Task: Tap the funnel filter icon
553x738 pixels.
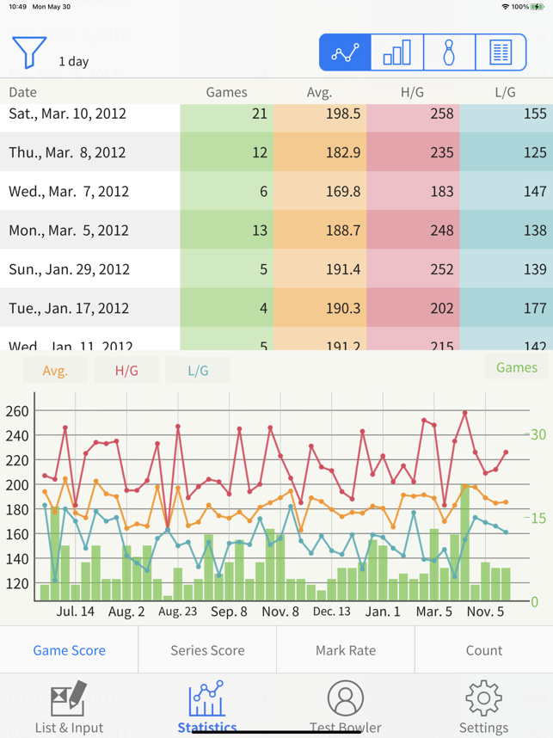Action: coord(28,52)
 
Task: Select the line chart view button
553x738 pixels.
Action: coord(345,53)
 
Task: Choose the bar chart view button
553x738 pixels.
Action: coord(396,53)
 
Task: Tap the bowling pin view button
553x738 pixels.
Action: coord(449,53)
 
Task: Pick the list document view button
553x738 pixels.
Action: coord(501,53)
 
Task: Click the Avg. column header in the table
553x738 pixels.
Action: coord(319,92)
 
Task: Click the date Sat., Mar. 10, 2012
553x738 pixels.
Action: coord(66,114)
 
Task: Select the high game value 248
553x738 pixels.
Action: coord(441,231)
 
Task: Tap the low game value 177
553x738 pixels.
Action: coord(534,308)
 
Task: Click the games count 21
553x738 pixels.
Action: coord(259,114)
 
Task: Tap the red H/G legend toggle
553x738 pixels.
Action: coord(126,371)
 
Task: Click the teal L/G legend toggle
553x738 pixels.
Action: coord(198,371)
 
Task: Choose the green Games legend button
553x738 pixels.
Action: coord(516,367)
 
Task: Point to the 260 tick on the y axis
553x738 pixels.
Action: coord(17,410)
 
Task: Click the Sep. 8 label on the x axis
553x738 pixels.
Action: coord(229,612)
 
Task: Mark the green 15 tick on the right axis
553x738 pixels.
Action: coord(538,518)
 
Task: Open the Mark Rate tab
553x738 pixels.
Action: coord(345,650)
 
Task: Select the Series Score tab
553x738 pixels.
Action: coord(207,650)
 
